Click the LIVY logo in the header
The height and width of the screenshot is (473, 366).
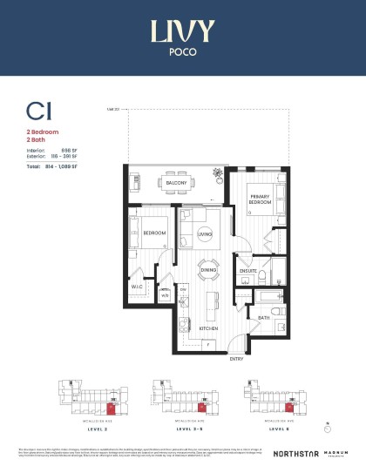(x=182, y=32)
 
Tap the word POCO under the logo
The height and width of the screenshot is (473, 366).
(x=182, y=51)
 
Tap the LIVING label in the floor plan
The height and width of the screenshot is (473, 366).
(x=206, y=234)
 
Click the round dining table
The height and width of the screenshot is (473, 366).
(x=209, y=270)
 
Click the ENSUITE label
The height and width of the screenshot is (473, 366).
(x=248, y=272)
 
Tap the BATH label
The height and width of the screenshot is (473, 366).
(x=263, y=319)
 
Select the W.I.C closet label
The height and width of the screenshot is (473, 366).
(x=138, y=285)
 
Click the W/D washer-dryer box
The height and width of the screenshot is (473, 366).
(x=165, y=294)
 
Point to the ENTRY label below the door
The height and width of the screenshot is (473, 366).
(x=236, y=358)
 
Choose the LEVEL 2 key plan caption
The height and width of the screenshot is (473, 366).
(x=85, y=429)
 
